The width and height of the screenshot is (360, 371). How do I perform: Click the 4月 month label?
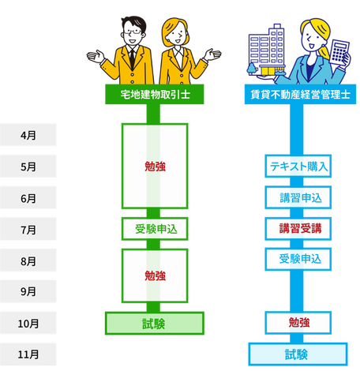point(28,135)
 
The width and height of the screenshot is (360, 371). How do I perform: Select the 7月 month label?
point(28,229)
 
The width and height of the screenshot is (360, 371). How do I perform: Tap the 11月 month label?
point(28,354)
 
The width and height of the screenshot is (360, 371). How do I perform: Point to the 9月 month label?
point(28,291)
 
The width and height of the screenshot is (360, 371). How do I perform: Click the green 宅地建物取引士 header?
point(155,94)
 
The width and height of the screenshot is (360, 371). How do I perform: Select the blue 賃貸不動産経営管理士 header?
point(300,94)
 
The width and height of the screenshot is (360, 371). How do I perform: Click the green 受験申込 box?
point(155,229)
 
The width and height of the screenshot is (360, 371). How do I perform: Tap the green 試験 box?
point(155,324)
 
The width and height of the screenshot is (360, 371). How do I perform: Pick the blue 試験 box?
point(298,354)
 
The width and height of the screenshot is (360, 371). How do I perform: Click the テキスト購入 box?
point(298,167)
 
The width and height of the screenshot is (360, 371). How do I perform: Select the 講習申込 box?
point(298,197)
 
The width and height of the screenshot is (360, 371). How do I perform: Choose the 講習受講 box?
point(298,229)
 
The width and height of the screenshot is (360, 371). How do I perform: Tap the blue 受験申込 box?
point(298,259)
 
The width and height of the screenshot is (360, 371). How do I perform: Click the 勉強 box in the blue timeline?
point(298,323)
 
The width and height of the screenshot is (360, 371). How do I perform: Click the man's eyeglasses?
point(133,32)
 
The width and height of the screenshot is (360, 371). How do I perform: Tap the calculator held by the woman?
point(339,54)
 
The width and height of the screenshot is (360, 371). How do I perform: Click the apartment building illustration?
point(266,50)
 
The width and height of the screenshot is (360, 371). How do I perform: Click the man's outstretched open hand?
point(96,57)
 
